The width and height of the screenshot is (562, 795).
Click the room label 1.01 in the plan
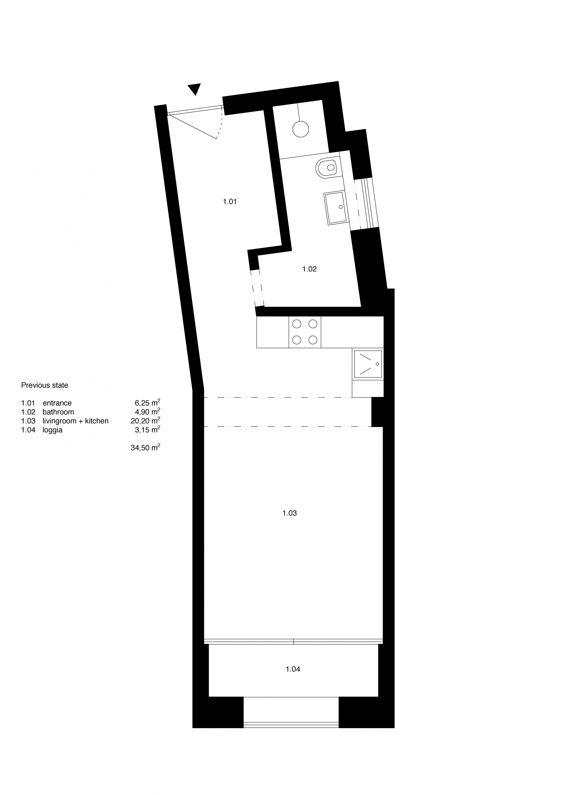[x=230, y=201]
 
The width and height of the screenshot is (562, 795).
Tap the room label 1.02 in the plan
[x=309, y=269]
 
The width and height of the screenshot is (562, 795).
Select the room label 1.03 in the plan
[x=289, y=513]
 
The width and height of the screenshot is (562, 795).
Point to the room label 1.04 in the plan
[x=293, y=669]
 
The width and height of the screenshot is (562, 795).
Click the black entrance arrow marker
[x=195, y=89]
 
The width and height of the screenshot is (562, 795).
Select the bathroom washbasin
[x=335, y=208]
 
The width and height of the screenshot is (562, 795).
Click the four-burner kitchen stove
[x=305, y=332]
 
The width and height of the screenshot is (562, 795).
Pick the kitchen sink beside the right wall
[x=368, y=364]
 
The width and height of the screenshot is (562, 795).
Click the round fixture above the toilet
[x=300, y=129]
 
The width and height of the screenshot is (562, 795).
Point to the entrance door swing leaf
[x=192, y=127]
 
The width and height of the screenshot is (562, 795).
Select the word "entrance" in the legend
[x=57, y=403]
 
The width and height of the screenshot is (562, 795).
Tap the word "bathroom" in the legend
[x=58, y=412]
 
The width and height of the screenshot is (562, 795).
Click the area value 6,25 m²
[x=147, y=403]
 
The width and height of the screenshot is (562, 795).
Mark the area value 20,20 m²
[x=145, y=421]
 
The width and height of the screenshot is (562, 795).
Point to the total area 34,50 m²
[x=145, y=448]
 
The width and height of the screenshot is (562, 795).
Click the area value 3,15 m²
[x=147, y=430]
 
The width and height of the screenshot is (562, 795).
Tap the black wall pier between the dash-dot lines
[x=377, y=412]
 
